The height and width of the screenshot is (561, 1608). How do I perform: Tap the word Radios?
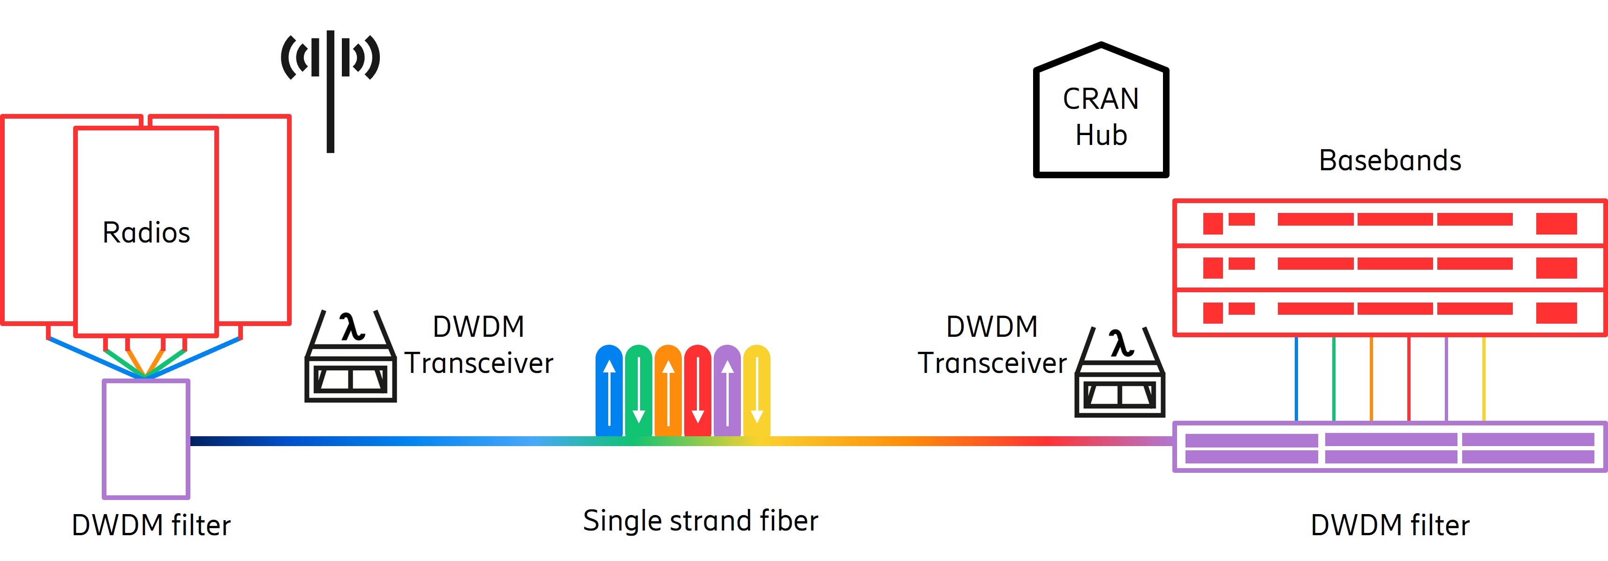tap(146, 232)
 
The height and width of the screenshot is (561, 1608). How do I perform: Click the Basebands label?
tap(1389, 160)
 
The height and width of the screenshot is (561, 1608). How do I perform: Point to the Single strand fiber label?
tap(701, 520)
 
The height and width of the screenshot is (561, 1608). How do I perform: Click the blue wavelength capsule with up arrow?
tap(609, 390)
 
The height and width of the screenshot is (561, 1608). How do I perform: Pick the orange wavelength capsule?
tap(668, 390)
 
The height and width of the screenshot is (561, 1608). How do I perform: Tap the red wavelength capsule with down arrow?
tap(697, 390)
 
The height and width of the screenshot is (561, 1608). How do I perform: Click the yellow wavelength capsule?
tap(756, 390)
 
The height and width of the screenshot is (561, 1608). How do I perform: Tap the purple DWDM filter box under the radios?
tap(146, 439)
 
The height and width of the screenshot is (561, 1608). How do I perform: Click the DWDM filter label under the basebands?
tap(1389, 525)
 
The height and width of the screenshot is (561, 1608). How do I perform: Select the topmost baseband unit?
tap(1389, 222)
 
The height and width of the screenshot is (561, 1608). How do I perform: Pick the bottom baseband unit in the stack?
tap(1389, 312)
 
